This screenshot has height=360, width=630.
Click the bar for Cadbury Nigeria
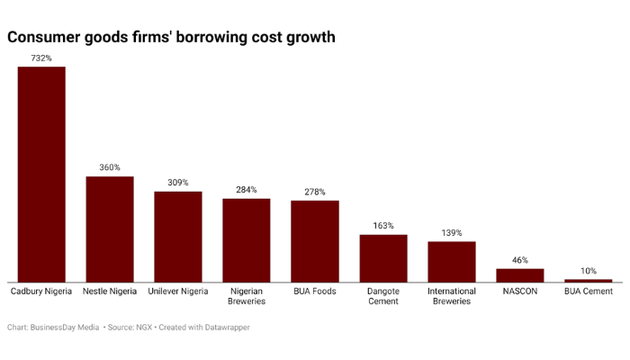click(41, 175)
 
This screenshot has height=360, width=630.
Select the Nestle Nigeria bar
click(110, 229)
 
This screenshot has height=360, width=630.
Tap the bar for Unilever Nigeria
click(178, 237)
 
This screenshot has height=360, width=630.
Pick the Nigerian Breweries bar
click(247, 240)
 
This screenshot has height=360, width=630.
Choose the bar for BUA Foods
click(315, 241)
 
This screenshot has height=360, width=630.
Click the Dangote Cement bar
click(383, 258)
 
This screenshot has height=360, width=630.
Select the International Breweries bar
click(452, 262)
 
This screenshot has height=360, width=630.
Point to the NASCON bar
click(520, 275)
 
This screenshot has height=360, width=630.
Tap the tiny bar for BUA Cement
click(589, 281)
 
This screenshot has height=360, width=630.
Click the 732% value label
click(41, 58)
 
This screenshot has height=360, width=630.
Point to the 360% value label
click(110, 167)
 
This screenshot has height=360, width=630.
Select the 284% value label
click(247, 190)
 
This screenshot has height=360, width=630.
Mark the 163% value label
click(383, 226)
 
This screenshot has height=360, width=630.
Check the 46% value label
click(520, 260)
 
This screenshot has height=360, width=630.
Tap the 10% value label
click(589, 271)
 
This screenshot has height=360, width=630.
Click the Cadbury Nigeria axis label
click(41, 292)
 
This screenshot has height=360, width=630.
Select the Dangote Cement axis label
click(383, 296)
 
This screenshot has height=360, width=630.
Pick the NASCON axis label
click(520, 292)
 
